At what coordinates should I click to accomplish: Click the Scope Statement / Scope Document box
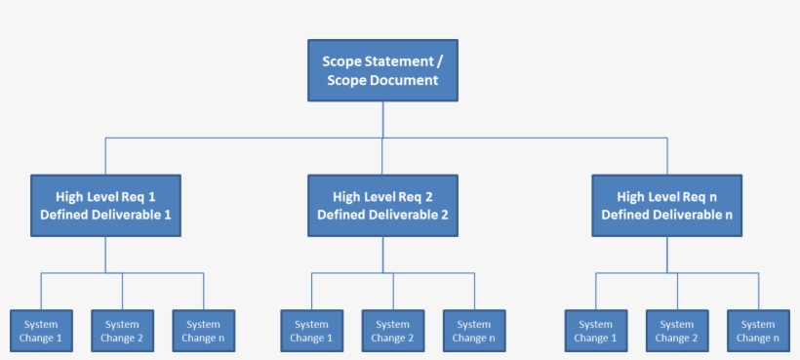pyautogui.click(x=382, y=70)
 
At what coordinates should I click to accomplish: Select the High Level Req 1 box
pyautogui.click(x=105, y=205)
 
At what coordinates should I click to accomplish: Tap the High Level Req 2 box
pyautogui.click(x=382, y=205)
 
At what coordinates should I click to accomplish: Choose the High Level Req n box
pyautogui.click(x=667, y=205)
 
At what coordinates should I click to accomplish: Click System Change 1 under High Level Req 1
pyautogui.click(x=41, y=331)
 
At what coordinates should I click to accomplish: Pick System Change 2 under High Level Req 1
pyautogui.click(x=122, y=331)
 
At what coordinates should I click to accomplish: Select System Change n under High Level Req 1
pyautogui.click(x=203, y=331)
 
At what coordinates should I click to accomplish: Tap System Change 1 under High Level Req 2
pyautogui.click(x=311, y=331)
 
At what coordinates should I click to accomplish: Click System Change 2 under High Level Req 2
pyautogui.click(x=392, y=331)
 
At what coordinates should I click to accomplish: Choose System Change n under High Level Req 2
pyautogui.click(x=474, y=331)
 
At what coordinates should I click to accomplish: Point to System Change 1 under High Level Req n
pyautogui.click(x=595, y=331)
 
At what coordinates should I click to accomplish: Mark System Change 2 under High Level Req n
pyautogui.click(x=677, y=331)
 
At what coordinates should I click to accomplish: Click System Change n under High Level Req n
pyautogui.click(x=758, y=331)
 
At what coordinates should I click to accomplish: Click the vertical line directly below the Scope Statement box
pyautogui.click(x=382, y=119)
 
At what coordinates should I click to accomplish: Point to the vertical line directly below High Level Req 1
pyautogui.click(x=105, y=255)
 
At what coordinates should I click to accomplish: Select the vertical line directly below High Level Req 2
pyautogui.click(x=382, y=255)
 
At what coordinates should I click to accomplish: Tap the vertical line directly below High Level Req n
pyautogui.click(x=667, y=255)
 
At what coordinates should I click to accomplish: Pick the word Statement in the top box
pyautogui.click(x=394, y=60)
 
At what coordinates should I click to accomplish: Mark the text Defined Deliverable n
pyautogui.click(x=667, y=215)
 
